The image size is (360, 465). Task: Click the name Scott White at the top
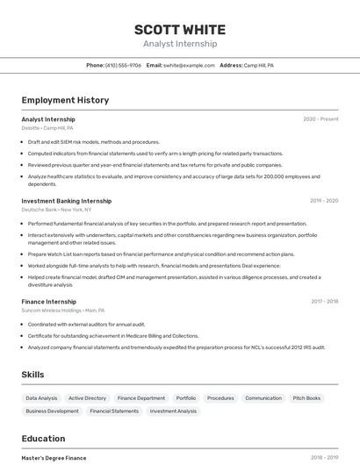click(180, 30)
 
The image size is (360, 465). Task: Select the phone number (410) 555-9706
click(123, 66)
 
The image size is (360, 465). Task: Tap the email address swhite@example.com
click(189, 66)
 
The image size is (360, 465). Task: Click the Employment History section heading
click(65, 100)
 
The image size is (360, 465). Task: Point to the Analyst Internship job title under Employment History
click(48, 119)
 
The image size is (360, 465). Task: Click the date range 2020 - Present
click(320, 119)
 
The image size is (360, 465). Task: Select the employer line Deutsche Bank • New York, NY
click(56, 210)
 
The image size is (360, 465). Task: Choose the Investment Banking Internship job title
click(67, 201)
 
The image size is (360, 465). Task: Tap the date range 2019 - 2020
click(323, 201)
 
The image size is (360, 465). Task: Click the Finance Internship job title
click(49, 301)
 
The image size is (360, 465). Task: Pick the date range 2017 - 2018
click(324, 301)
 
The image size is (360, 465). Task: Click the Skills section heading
click(32, 375)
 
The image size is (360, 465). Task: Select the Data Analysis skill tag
click(41, 398)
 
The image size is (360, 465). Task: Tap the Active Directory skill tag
click(87, 398)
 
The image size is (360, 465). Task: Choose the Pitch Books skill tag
click(306, 398)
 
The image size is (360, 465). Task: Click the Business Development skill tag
click(52, 411)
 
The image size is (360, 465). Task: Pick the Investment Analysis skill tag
click(173, 411)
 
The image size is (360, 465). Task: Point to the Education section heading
click(43, 439)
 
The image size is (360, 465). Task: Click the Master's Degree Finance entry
click(54, 458)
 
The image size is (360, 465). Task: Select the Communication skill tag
click(263, 398)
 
